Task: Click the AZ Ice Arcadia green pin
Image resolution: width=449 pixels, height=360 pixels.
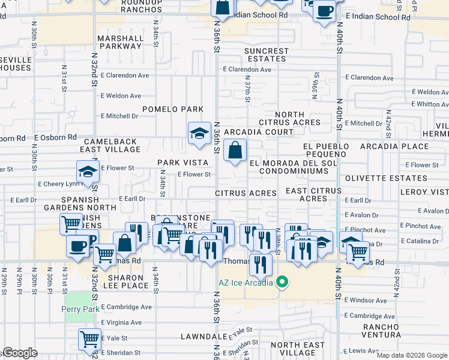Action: (280, 282)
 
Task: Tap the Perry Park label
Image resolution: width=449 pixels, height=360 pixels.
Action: (77, 309)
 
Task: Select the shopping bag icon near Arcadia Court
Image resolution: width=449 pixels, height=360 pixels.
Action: (235, 150)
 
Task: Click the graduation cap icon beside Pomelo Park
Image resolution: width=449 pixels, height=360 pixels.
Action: (199, 134)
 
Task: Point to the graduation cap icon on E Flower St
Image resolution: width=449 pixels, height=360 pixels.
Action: (88, 172)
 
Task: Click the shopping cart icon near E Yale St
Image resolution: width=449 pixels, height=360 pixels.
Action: (89, 340)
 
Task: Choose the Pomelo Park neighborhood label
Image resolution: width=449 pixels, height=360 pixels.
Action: (173, 109)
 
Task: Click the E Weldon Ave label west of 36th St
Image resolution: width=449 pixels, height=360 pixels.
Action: (121, 95)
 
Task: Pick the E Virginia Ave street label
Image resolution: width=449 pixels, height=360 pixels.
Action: (121, 322)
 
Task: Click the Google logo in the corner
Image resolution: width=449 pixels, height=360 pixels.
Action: (20, 353)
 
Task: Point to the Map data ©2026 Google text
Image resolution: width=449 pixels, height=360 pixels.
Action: (412, 355)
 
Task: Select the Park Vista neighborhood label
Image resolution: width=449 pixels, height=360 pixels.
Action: (178, 163)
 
